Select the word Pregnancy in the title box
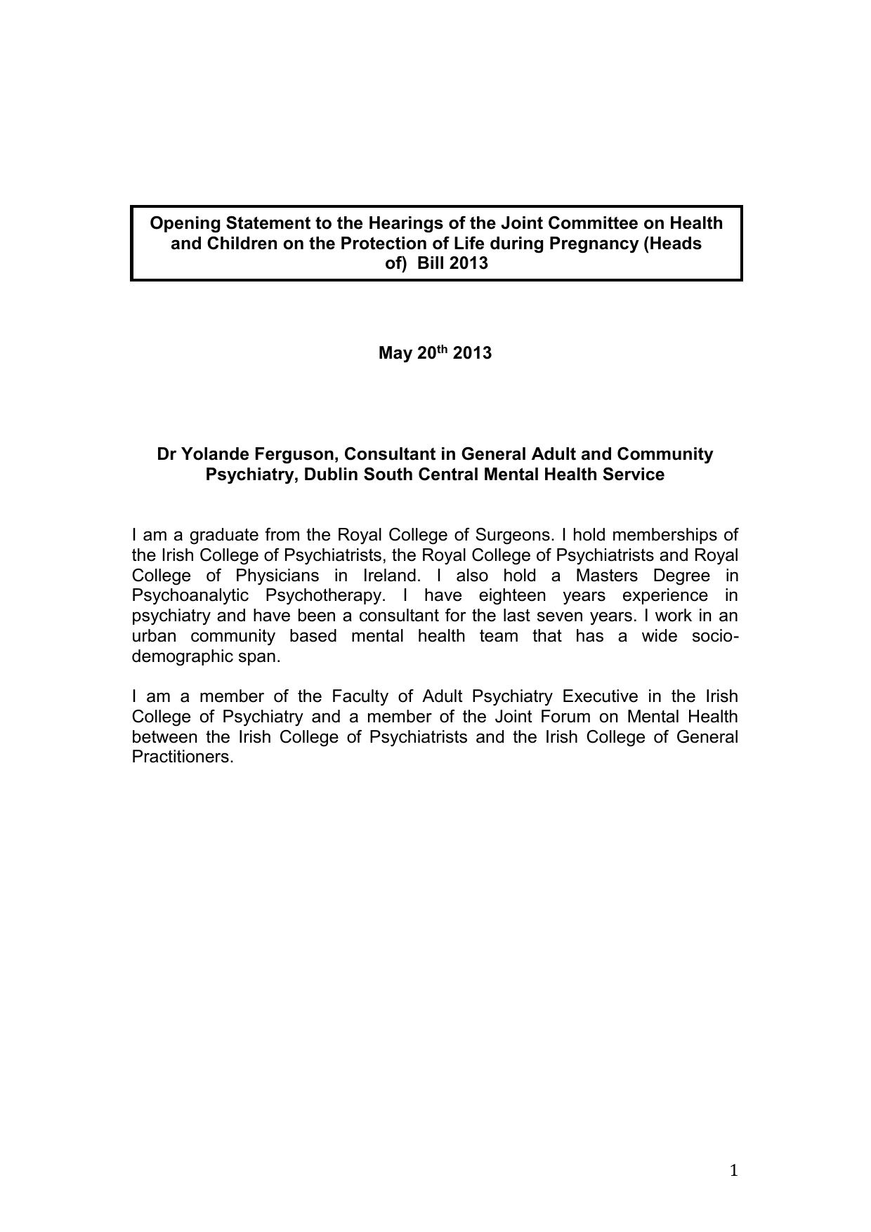tap(596, 244)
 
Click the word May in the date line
tap(393, 352)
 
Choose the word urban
tap(154, 636)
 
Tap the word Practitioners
tap(182, 757)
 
